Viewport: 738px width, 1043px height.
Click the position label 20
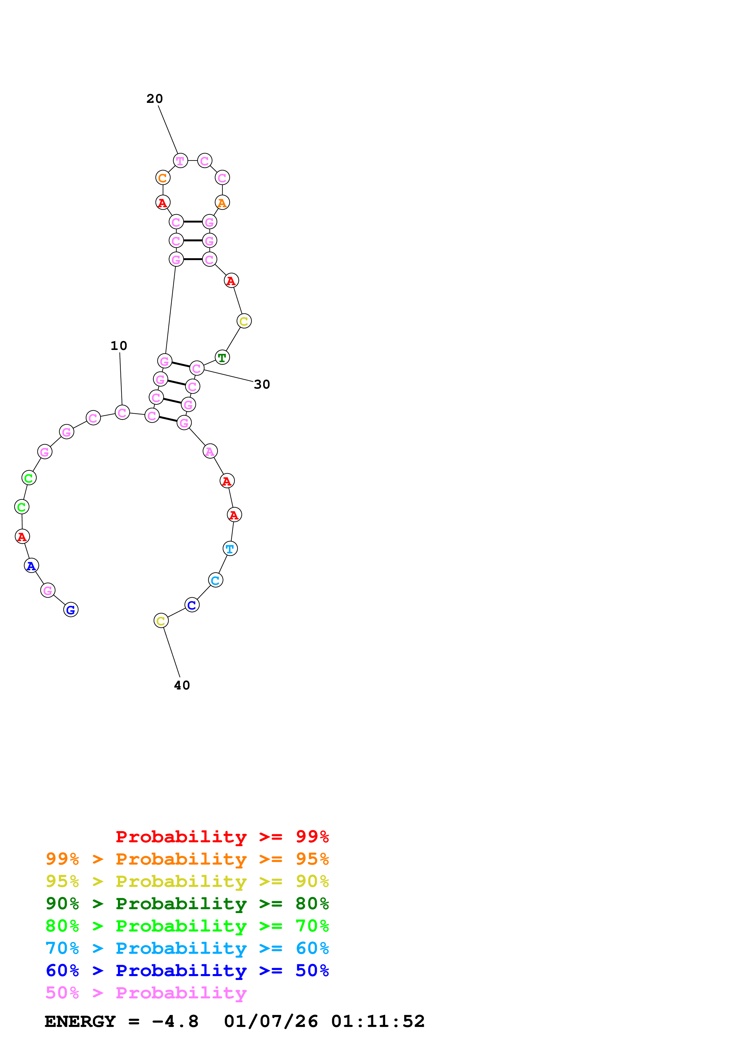point(155,99)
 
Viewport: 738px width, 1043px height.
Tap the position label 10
point(119,346)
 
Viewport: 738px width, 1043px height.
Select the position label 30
point(262,384)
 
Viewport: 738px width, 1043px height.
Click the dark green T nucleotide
point(222,357)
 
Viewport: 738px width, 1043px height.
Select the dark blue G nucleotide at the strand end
point(71,610)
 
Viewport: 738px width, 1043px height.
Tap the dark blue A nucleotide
point(31,566)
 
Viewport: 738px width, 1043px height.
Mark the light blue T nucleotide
point(230,549)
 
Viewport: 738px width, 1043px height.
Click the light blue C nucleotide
point(216,580)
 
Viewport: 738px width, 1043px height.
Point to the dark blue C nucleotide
point(192,605)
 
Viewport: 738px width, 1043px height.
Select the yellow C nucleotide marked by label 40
point(161,621)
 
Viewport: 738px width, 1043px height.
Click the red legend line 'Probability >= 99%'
point(222,836)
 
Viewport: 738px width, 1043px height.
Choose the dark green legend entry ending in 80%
point(187,904)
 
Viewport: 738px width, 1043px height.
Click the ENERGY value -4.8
point(175,1022)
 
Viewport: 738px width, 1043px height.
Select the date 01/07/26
point(271,1022)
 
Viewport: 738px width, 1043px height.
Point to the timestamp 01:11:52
point(378,1022)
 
